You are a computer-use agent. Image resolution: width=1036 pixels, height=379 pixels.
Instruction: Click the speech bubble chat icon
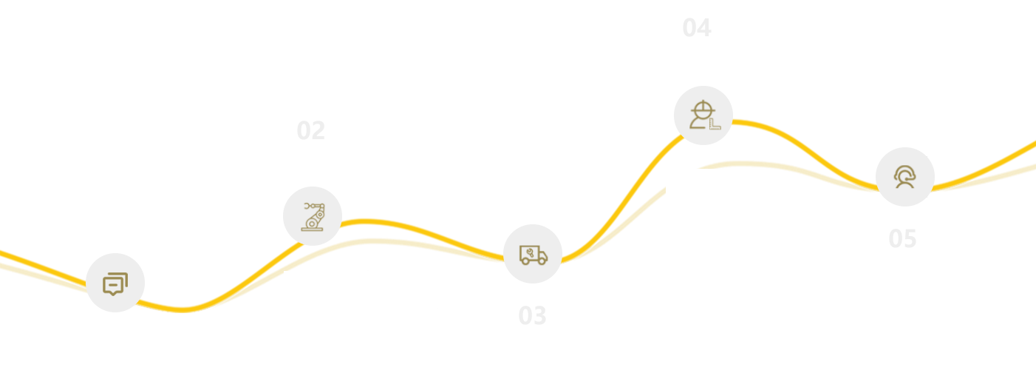(x=115, y=284)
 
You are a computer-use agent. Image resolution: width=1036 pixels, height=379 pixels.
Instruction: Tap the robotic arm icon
(x=315, y=216)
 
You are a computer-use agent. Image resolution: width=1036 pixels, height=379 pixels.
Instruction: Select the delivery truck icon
(x=533, y=255)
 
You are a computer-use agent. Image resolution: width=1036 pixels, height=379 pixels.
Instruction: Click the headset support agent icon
(x=903, y=176)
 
